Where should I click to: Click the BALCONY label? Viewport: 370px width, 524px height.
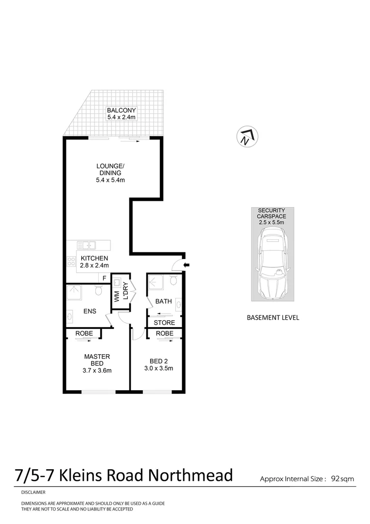(122, 110)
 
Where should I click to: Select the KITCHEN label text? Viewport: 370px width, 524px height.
(94, 258)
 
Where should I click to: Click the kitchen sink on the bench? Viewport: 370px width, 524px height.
(88, 245)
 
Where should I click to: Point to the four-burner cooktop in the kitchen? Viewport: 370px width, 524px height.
(71, 262)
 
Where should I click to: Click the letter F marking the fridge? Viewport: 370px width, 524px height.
(104, 278)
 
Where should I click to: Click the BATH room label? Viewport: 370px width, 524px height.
(163, 301)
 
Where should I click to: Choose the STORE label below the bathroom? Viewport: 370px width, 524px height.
(164, 323)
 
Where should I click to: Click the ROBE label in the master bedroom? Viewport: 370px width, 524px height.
(84, 333)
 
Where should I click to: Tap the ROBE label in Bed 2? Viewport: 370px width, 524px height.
(165, 333)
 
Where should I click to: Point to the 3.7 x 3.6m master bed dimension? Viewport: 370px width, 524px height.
(97, 371)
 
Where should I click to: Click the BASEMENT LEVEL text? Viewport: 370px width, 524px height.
(273, 318)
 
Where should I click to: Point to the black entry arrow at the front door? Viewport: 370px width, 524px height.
(187, 265)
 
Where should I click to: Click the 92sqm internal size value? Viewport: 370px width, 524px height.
(342, 479)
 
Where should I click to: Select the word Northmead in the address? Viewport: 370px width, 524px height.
(190, 475)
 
